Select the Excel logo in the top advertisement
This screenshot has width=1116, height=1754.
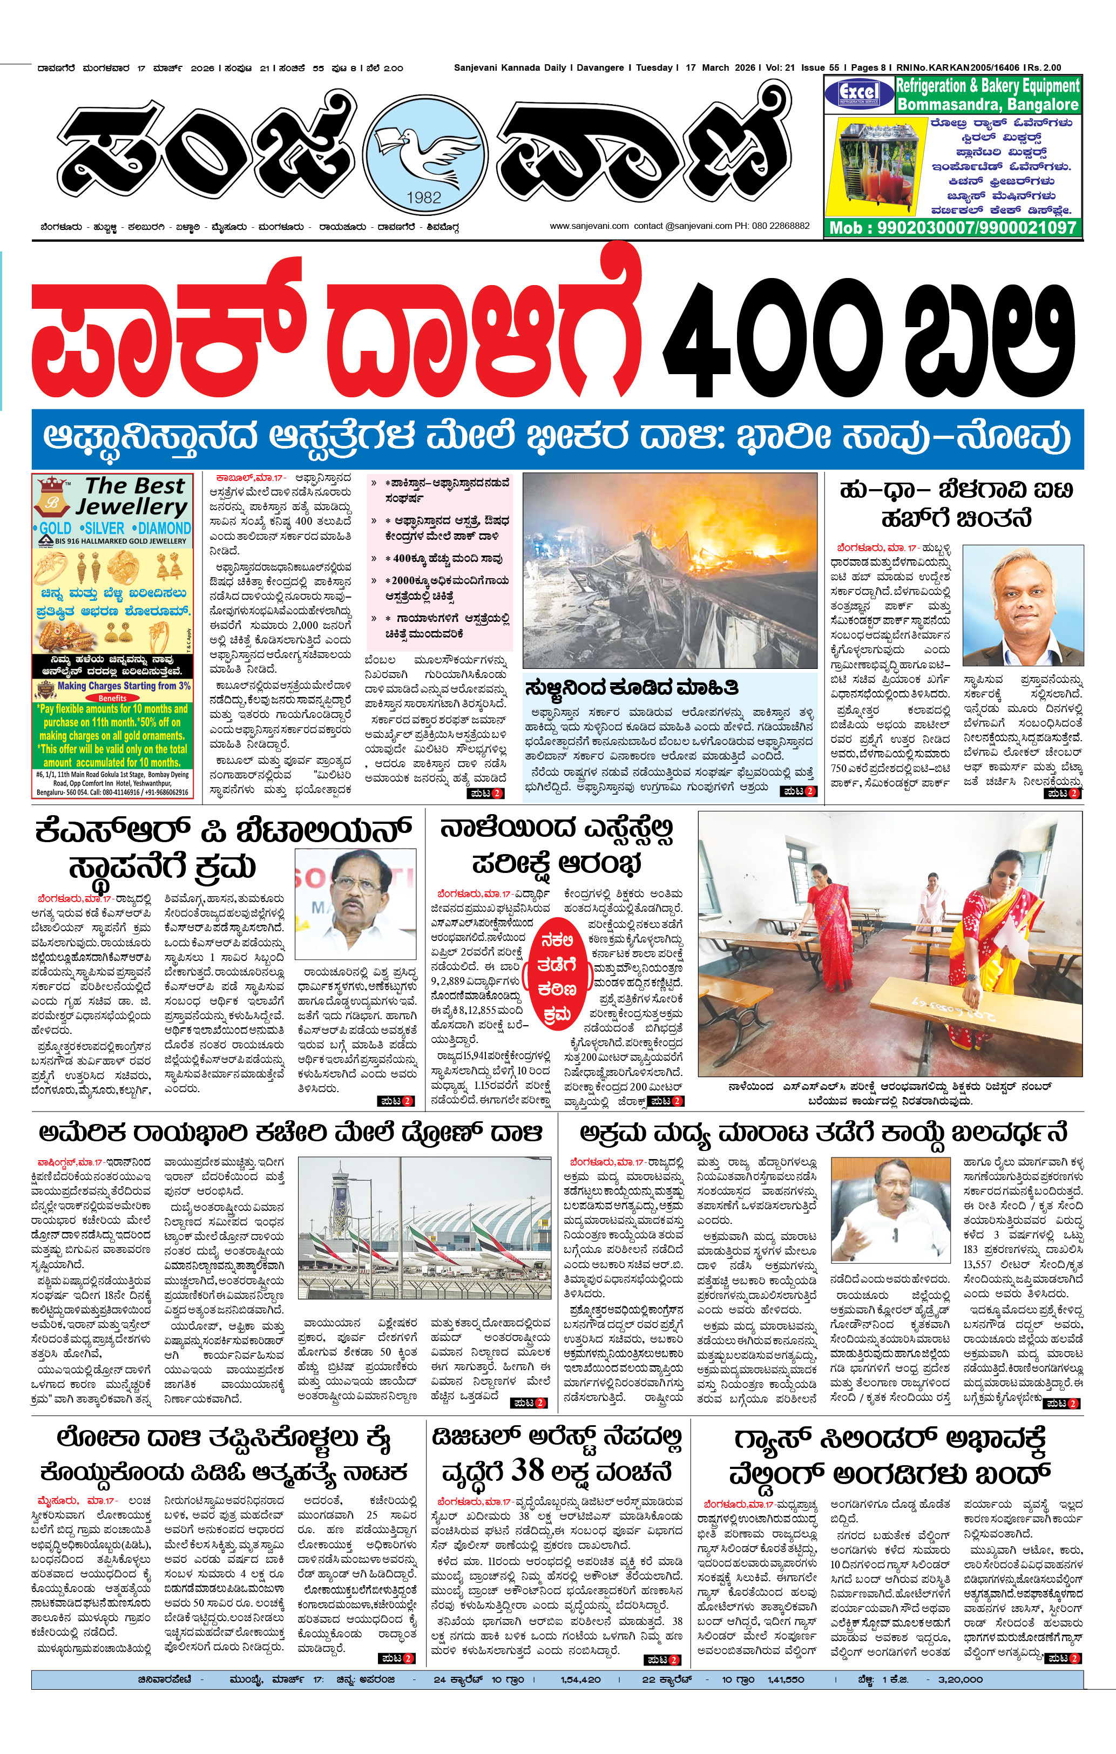[859, 94]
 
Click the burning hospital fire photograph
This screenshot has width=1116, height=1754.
[670, 569]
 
